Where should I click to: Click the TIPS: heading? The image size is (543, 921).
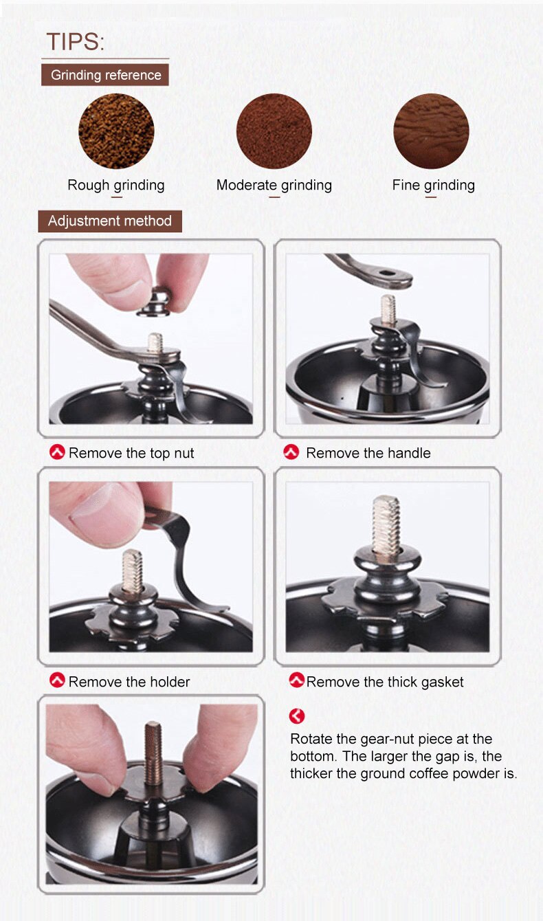coord(76,42)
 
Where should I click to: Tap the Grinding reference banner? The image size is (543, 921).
coord(105,75)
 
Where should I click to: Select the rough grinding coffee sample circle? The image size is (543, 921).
coord(116,131)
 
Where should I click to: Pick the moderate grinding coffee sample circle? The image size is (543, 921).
coord(274,131)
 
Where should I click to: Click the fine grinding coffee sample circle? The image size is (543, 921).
coord(431,131)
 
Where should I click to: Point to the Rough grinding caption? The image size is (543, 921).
coord(116,185)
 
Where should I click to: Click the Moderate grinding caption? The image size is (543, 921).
coord(274,185)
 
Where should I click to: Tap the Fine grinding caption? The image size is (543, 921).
coord(433,185)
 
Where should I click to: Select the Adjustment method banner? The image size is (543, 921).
coord(110,221)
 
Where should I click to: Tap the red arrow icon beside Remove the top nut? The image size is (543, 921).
coord(58,452)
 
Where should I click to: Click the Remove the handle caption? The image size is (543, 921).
coord(368,453)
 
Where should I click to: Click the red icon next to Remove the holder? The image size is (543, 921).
coord(58,681)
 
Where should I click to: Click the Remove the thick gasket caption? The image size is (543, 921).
coord(385,682)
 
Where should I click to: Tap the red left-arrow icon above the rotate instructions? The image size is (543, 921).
coord(296,716)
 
